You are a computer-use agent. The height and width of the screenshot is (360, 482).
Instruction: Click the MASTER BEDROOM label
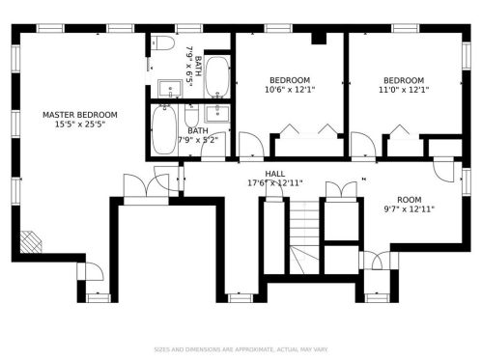tap(80, 115)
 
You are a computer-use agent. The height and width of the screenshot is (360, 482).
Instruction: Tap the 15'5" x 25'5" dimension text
tap(80, 125)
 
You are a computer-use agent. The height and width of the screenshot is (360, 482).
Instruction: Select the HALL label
tap(274, 174)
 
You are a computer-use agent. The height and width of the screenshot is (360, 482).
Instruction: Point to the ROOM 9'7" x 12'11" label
tap(409, 205)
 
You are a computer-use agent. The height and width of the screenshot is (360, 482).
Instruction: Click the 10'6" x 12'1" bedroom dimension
tap(290, 90)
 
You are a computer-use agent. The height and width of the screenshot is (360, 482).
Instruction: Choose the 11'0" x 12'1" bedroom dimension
tap(404, 90)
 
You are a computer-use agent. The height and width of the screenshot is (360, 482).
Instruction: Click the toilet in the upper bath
tap(162, 42)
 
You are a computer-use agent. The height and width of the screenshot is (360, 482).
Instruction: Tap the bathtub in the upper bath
tap(217, 77)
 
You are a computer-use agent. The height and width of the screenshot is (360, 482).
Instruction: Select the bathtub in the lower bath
tap(164, 129)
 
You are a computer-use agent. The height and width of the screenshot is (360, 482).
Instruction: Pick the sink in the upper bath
tap(170, 88)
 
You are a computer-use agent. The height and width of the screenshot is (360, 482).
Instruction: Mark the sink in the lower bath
tap(217, 113)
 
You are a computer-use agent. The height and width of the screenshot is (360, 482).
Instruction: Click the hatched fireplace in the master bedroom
tap(31, 242)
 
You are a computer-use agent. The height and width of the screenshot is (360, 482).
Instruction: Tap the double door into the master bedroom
tap(146, 185)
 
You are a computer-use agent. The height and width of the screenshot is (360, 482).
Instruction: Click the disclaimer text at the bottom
tap(241, 349)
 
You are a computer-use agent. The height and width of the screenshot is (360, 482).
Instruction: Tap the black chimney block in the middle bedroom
tap(319, 39)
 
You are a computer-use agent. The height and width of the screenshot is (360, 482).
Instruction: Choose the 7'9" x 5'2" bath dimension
tap(198, 140)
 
